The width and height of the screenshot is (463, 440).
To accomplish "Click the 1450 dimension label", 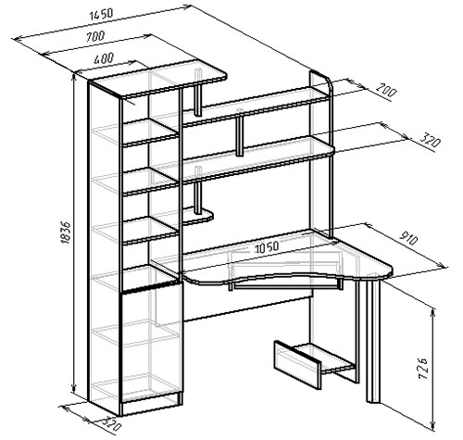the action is point(102,14).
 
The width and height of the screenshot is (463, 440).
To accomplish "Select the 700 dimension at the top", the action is point(95,37).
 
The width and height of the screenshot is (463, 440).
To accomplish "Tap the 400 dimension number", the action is point(104,58).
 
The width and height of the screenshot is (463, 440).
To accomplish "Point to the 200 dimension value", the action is point(385,90).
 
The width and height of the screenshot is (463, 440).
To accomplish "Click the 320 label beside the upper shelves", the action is point(430,141).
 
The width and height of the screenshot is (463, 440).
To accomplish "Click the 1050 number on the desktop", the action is point(267,246).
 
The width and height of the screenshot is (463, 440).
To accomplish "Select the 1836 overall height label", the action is point(66,233).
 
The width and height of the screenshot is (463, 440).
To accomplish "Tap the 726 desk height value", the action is point(422,369).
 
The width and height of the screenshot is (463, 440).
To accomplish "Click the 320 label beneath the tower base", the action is point(110,423).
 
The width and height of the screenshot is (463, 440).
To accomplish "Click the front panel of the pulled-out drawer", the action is point(298,364).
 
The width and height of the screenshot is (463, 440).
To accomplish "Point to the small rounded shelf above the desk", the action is point(197,216).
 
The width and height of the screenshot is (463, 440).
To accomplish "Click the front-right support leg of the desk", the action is point(373,340).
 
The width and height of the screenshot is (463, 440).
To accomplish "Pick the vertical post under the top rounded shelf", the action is point(198,93).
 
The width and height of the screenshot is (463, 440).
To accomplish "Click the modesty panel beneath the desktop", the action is point(247,308).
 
